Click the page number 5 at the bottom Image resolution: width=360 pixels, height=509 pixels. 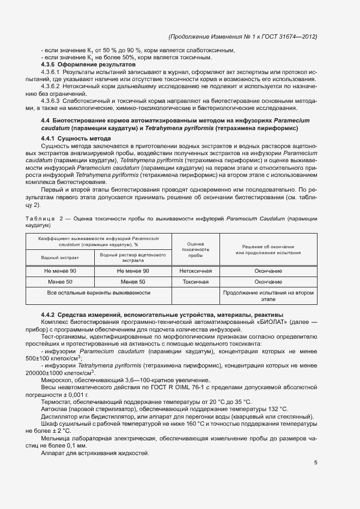coord(316,464)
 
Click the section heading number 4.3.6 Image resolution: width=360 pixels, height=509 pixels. coord(50,65)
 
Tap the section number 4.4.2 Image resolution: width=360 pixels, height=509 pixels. coord(50,315)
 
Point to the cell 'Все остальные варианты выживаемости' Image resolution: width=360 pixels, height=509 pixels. coord(99,293)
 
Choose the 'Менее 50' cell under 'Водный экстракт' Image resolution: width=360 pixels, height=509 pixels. coord(60,282)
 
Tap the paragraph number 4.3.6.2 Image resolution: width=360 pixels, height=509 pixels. coord(52,86)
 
